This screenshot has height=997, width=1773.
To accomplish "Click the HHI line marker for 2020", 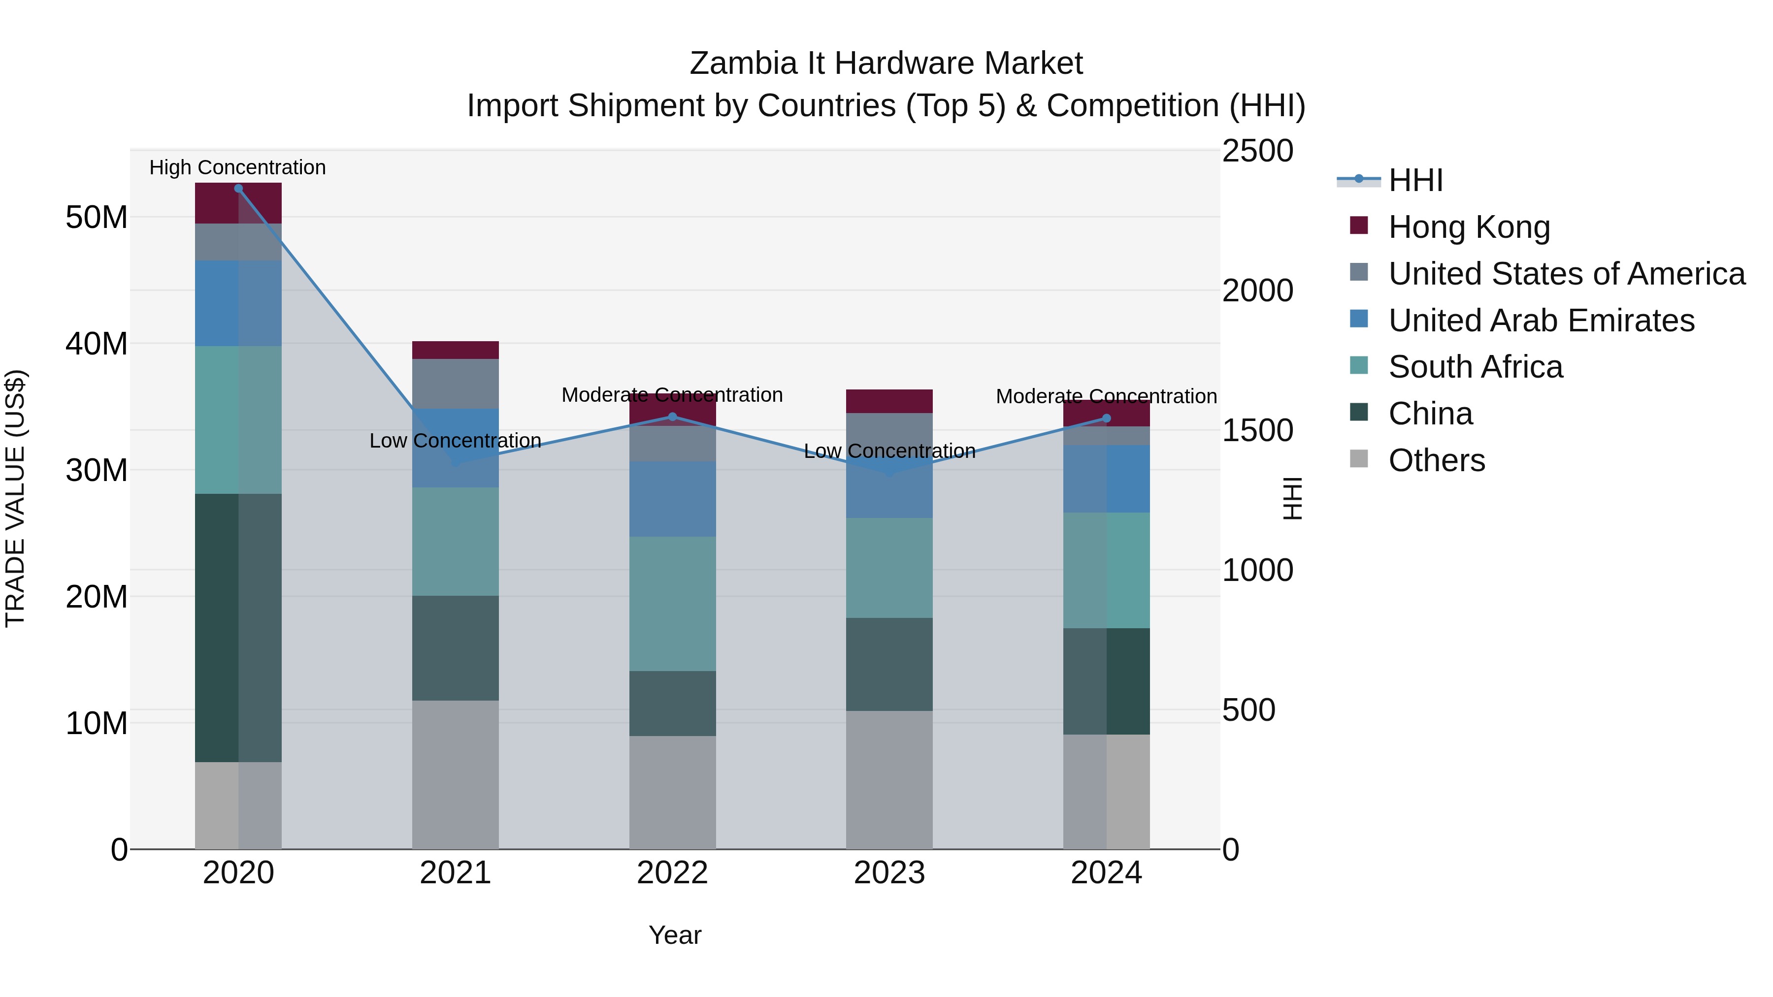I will pyautogui.click(x=238, y=189).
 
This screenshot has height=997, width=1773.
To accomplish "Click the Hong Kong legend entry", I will pyautogui.click(x=1468, y=227).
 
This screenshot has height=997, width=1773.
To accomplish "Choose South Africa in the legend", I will pyautogui.click(x=1475, y=367).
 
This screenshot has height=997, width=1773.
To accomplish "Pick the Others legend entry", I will pyautogui.click(x=1437, y=460).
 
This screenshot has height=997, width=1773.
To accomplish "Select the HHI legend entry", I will pyautogui.click(x=1415, y=180).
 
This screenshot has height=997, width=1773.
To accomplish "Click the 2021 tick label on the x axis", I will pyautogui.click(x=455, y=873).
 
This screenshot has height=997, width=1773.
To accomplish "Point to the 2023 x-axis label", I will pyautogui.click(x=889, y=873).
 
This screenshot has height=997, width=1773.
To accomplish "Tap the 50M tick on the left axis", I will pyautogui.click(x=97, y=218).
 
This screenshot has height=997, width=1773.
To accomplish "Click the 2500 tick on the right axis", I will pyautogui.click(x=1257, y=151).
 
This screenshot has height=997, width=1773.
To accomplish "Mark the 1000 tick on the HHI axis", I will pyautogui.click(x=1257, y=571).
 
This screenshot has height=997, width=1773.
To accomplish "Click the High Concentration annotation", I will pyautogui.click(x=237, y=167).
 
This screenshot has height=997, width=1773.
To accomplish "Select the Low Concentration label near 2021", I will pyautogui.click(x=455, y=440).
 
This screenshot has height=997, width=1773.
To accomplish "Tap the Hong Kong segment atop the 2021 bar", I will pyautogui.click(x=455, y=350).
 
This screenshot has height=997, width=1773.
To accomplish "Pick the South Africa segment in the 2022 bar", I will pyautogui.click(x=672, y=604).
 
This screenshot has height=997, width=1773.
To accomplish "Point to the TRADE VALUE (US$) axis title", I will pyautogui.click(x=15, y=498).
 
